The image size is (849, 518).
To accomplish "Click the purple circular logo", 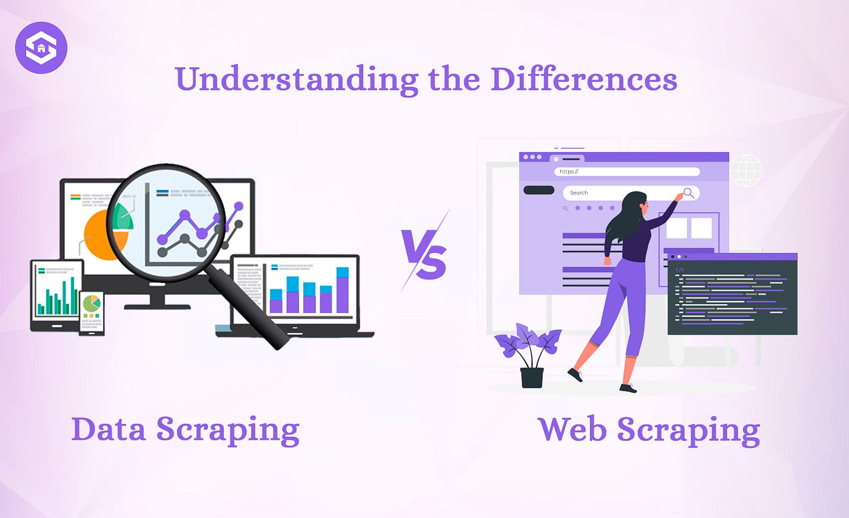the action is click(x=41, y=48).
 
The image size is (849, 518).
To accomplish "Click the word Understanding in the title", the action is click(x=297, y=79).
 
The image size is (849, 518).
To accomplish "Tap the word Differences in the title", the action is click(x=584, y=78).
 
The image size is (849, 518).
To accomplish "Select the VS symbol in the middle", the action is click(x=424, y=251).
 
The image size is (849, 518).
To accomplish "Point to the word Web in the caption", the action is click(x=572, y=429).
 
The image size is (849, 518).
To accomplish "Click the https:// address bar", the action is click(x=627, y=172).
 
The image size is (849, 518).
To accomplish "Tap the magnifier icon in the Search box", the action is click(x=689, y=193).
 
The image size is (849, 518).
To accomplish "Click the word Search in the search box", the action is click(x=579, y=193).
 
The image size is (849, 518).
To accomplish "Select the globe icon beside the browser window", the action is click(x=746, y=170).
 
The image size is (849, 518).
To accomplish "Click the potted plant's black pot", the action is click(x=532, y=377).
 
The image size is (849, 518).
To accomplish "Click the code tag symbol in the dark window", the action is click(x=680, y=270).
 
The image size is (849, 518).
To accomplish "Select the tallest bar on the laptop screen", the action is click(x=343, y=290).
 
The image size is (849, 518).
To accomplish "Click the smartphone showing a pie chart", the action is click(x=92, y=314).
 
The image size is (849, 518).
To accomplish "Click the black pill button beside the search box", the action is click(x=539, y=190).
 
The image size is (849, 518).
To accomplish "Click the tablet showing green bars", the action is click(x=57, y=295).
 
